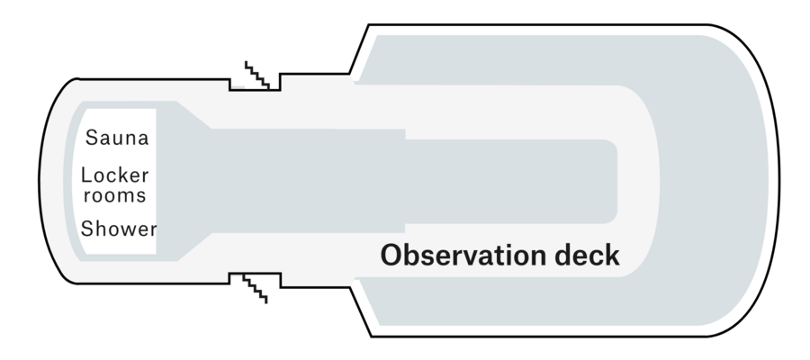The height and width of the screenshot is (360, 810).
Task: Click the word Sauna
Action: (x=117, y=138)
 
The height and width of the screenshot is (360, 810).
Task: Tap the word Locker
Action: (x=115, y=175)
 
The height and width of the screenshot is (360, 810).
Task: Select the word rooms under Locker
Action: (x=115, y=196)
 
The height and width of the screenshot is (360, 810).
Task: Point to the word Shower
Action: (x=119, y=229)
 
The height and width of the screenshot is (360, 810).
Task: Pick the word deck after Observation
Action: (x=588, y=256)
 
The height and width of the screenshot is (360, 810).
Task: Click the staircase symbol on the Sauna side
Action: (x=257, y=75)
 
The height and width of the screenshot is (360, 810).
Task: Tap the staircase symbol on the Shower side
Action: (x=256, y=289)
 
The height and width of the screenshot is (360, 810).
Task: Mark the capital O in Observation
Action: (x=391, y=256)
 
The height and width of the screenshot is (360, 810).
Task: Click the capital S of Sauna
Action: (x=92, y=138)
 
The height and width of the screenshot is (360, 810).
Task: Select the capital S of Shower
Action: (x=87, y=229)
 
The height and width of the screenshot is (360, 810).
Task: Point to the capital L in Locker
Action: (x=86, y=175)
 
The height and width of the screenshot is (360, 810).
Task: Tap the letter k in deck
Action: (x=613, y=256)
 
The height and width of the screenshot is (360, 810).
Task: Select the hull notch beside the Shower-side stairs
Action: (x=256, y=280)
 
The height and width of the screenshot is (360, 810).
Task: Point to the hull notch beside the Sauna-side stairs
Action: (x=256, y=83)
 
